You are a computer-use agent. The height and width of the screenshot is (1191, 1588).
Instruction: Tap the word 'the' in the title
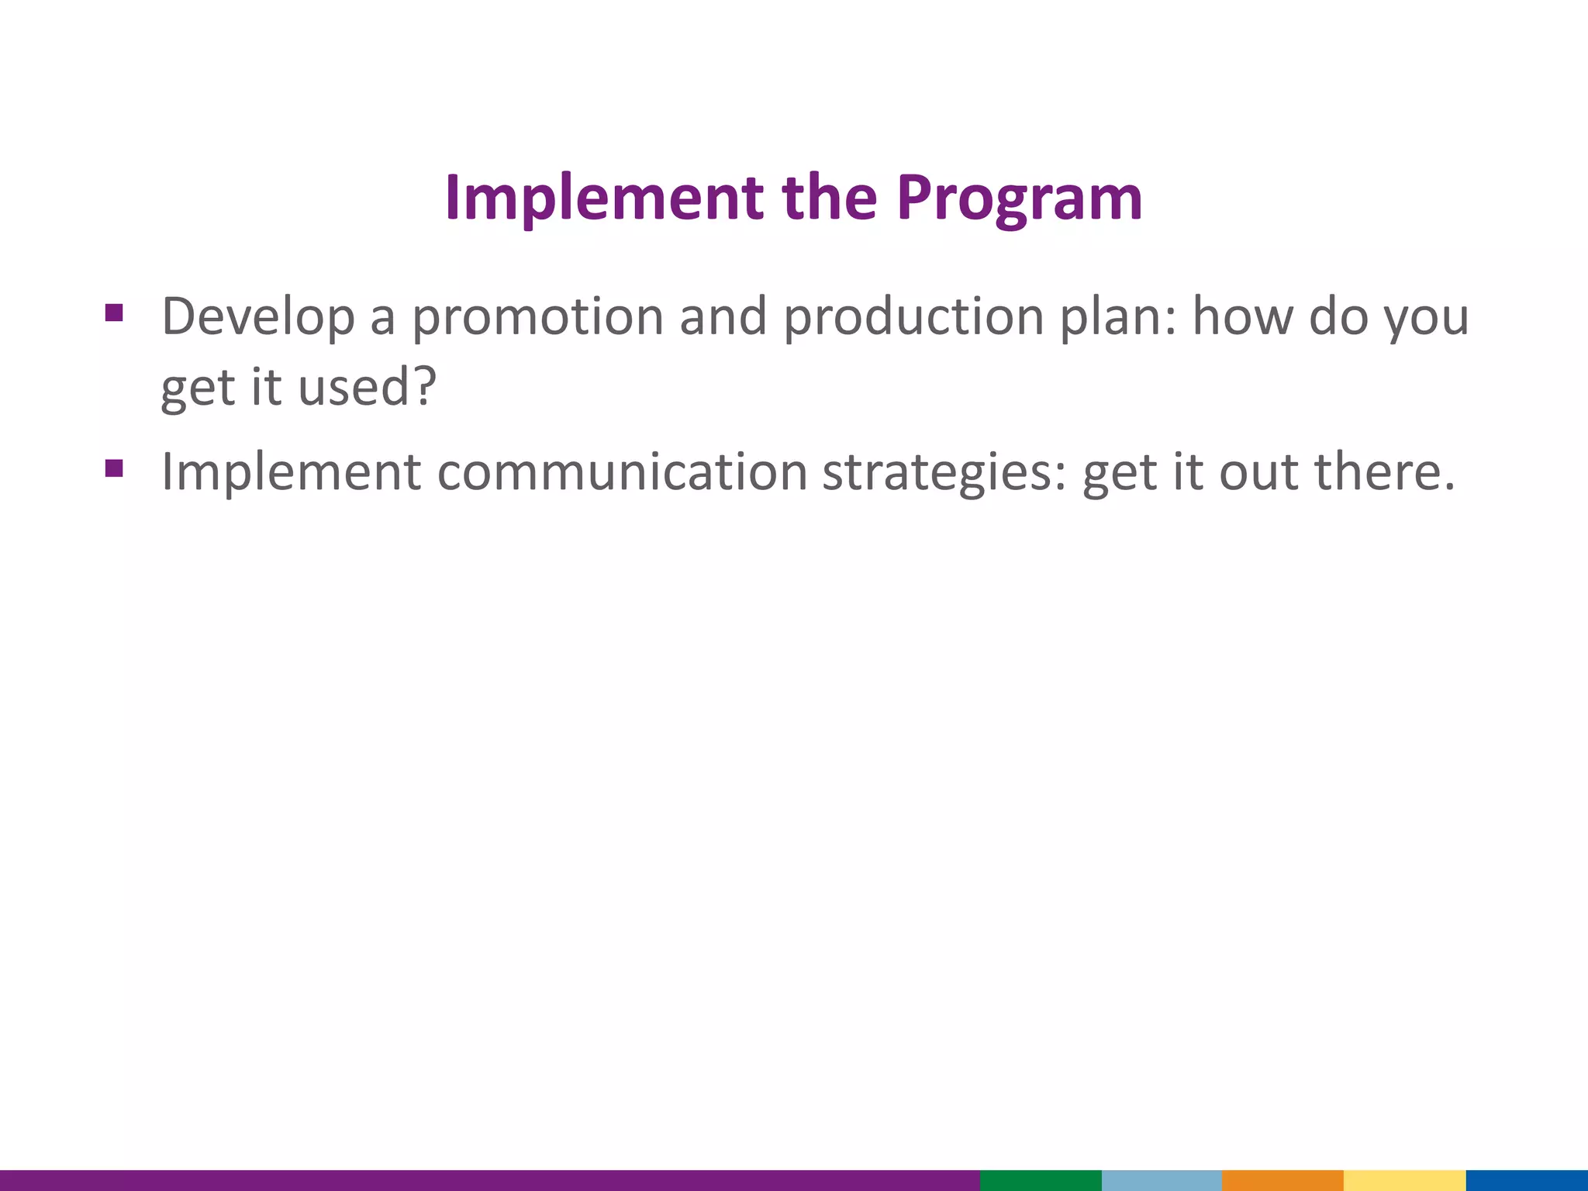(x=829, y=198)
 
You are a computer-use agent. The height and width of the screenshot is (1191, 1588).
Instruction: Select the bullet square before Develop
(x=114, y=313)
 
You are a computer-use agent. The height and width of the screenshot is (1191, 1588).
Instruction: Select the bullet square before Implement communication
(x=114, y=468)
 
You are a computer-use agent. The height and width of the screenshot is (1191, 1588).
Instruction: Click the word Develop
(x=257, y=318)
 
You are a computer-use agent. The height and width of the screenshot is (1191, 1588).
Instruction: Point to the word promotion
(x=537, y=318)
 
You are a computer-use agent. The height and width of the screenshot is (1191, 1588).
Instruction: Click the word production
(x=913, y=318)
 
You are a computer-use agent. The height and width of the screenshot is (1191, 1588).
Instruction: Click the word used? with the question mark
(x=368, y=387)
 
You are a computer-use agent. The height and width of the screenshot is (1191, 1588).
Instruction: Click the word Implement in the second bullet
(x=291, y=472)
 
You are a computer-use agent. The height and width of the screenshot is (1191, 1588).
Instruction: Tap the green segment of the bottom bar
(x=1041, y=1180)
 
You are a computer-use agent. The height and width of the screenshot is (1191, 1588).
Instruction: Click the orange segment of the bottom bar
(x=1282, y=1180)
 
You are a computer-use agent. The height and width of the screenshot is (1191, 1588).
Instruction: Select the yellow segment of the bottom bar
(x=1404, y=1180)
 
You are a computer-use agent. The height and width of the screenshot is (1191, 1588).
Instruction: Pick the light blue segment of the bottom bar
(x=1162, y=1180)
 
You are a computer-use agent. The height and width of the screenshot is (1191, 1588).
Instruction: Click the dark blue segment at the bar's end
(x=1527, y=1180)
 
